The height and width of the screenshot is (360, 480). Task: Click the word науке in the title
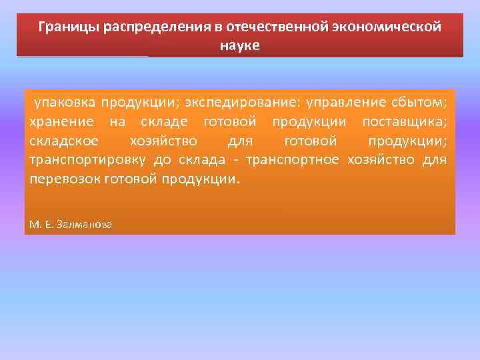coord(239,46)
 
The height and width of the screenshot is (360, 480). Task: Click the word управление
coord(351,103)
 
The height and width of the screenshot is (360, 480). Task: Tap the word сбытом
coord(421,103)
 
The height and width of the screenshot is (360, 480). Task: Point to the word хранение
coord(60,123)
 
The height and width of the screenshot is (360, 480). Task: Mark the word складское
coord(63,142)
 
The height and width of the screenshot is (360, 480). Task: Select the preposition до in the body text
coord(163,161)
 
